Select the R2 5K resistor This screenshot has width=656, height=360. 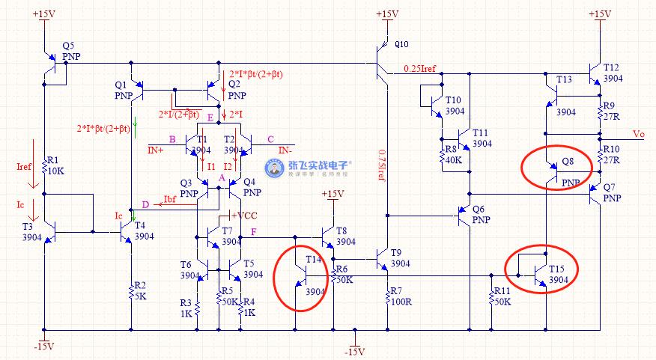click(132, 290)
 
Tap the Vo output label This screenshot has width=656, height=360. click(638, 134)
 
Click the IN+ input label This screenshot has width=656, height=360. click(157, 150)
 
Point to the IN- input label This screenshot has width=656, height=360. click(285, 150)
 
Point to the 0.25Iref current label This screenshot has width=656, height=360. click(419, 68)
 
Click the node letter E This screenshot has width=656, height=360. click(210, 117)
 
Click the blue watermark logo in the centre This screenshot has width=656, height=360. click(276, 169)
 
